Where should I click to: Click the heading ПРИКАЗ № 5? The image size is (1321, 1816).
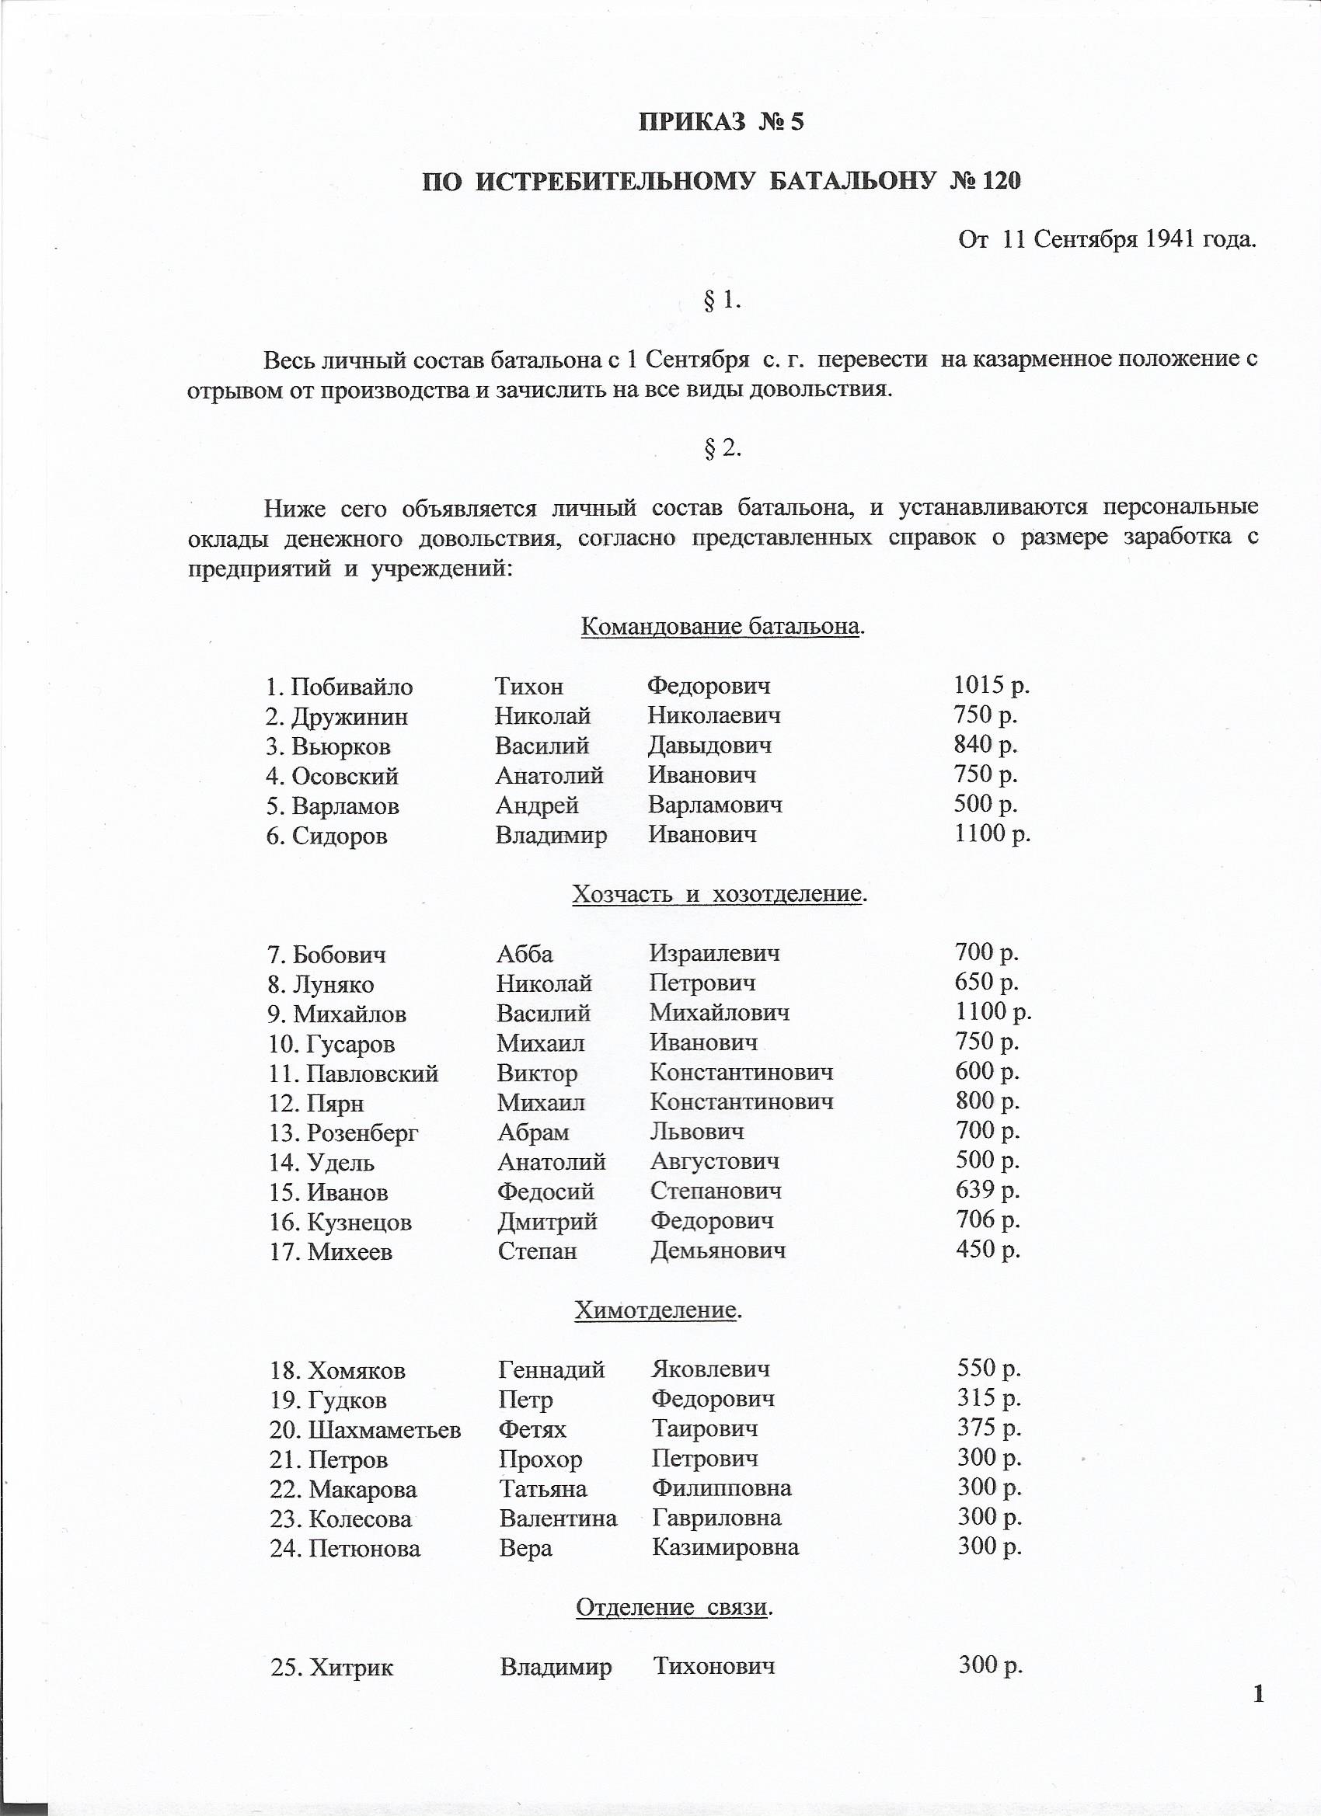(x=720, y=122)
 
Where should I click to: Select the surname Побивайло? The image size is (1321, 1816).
(x=352, y=687)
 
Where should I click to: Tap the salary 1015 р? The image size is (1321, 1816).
(x=992, y=684)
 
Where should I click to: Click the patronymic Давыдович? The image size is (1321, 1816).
(x=709, y=746)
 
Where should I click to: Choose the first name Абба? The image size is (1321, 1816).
(x=525, y=954)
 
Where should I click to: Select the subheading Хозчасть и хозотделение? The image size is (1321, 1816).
(x=719, y=893)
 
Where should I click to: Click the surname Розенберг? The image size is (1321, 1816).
(x=362, y=1133)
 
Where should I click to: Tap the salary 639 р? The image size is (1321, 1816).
(x=987, y=1190)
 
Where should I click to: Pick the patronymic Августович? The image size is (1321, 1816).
(x=715, y=1161)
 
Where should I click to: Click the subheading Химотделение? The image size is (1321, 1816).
(x=656, y=1310)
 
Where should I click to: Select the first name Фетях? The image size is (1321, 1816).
(x=532, y=1429)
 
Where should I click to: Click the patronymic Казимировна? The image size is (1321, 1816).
(x=725, y=1547)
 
